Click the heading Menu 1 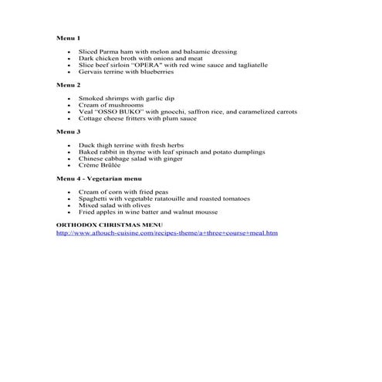point(69,37)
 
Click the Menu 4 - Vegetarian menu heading point(100,178)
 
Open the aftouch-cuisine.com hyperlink point(167,232)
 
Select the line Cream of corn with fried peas point(123,191)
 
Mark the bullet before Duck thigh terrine point(69,145)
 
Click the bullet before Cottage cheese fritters point(69,119)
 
